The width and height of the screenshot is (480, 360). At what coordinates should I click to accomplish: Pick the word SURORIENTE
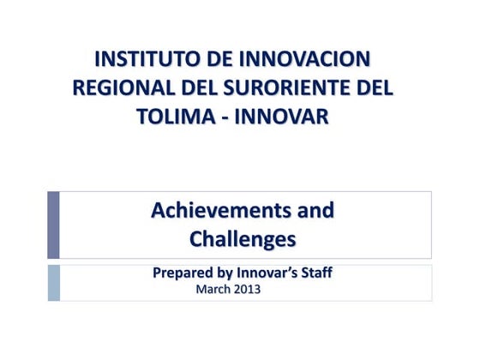pyautogui.click(x=287, y=88)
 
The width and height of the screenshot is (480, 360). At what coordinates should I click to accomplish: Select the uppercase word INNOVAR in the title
pyautogui.click(x=282, y=117)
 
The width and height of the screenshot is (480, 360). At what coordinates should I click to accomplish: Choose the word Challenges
pyautogui.click(x=243, y=239)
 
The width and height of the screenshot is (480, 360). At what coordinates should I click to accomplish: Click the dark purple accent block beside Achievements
pyautogui.click(x=53, y=225)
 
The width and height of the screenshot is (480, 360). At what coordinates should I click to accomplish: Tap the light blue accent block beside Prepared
pyautogui.click(x=53, y=282)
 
